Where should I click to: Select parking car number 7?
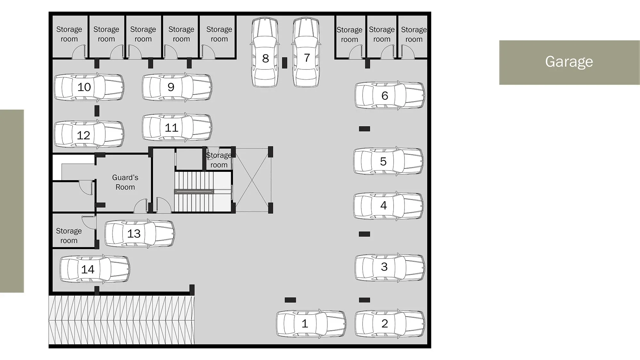[x=306, y=52]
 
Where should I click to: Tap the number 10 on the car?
[x=84, y=87]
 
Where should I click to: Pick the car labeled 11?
[x=177, y=127]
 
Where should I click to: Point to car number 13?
[x=140, y=234]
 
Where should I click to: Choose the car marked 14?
[x=95, y=269]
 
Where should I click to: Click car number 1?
[x=311, y=324]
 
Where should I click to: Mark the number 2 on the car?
[x=385, y=324]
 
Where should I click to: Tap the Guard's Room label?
[x=125, y=182]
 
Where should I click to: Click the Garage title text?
[x=569, y=61]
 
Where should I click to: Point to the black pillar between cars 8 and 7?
[x=284, y=62]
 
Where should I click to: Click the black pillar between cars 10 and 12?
[x=97, y=111]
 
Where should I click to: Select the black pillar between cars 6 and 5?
[x=364, y=129]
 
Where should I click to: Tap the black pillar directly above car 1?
[x=290, y=300]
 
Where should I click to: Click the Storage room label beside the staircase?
[x=219, y=160]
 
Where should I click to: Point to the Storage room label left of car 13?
[x=69, y=236]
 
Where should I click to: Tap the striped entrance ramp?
[x=122, y=320]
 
